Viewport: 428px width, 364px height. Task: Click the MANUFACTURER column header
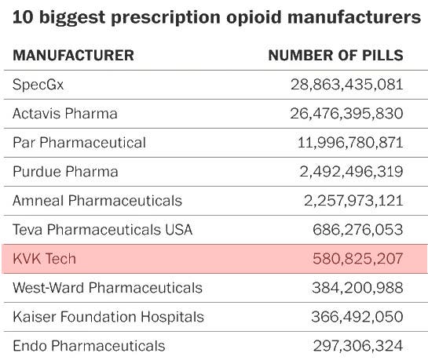pos(73,56)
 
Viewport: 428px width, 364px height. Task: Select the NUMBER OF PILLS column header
pos(335,56)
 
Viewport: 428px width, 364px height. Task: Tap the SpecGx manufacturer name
pos(38,85)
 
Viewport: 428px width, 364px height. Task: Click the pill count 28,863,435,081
pos(346,85)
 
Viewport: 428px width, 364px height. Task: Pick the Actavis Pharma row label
pos(65,114)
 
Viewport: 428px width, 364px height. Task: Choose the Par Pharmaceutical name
pos(79,143)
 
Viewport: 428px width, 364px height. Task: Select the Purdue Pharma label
pos(65,172)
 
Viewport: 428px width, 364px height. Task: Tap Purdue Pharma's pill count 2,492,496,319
pos(353,172)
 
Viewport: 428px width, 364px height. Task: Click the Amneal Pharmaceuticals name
pos(97,201)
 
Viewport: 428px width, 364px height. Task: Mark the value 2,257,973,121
pos(353,201)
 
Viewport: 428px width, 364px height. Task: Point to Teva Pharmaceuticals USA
pos(102,230)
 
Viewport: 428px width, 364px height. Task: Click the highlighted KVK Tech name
pos(44,259)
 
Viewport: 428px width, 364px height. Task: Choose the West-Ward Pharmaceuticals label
pos(108,288)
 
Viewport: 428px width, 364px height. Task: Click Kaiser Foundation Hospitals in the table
pos(108,317)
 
